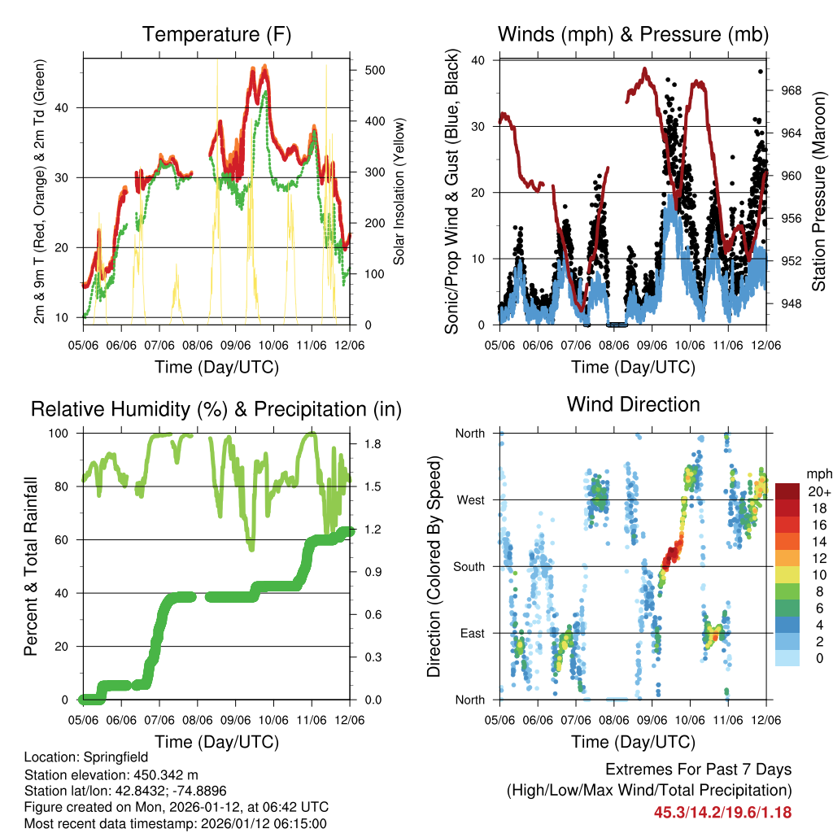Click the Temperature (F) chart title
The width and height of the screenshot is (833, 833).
coord(216,35)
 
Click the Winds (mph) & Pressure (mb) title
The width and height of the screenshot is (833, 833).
coord(633,35)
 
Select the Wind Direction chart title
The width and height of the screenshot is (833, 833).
coord(633,404)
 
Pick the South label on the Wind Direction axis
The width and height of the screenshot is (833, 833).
coord(469,566)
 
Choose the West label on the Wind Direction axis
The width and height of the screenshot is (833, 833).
coord(471,499)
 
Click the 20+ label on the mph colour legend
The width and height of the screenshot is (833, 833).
coord(818,491)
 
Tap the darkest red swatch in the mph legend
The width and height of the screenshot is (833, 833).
coord(787,491)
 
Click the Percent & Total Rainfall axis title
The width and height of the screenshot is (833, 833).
coord(30,555)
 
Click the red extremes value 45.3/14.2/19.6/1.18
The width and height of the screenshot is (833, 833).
coord(722,812)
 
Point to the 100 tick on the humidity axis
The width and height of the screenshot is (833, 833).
coord(64,433)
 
